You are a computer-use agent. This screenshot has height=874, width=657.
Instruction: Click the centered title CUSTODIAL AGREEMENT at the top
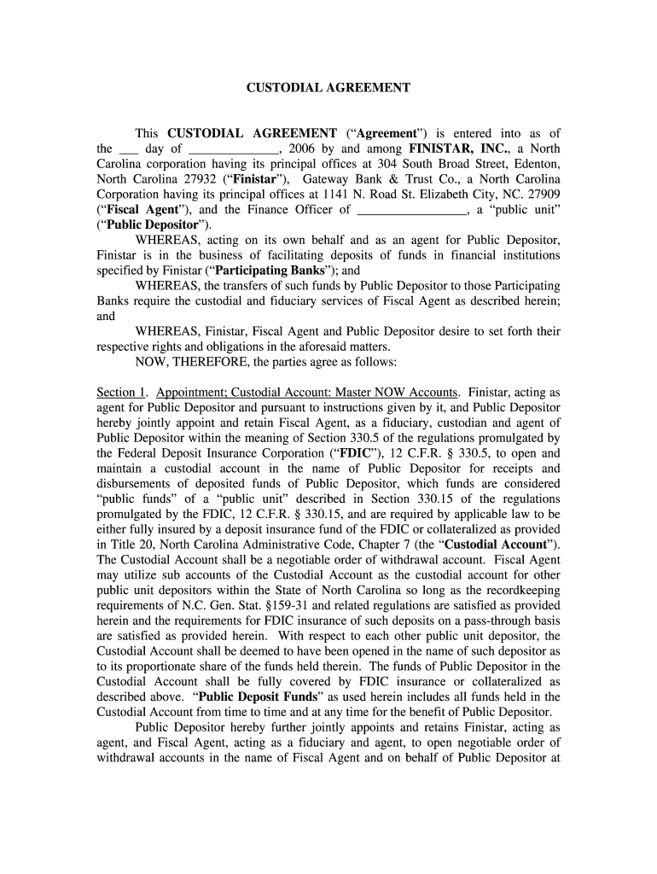328,87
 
